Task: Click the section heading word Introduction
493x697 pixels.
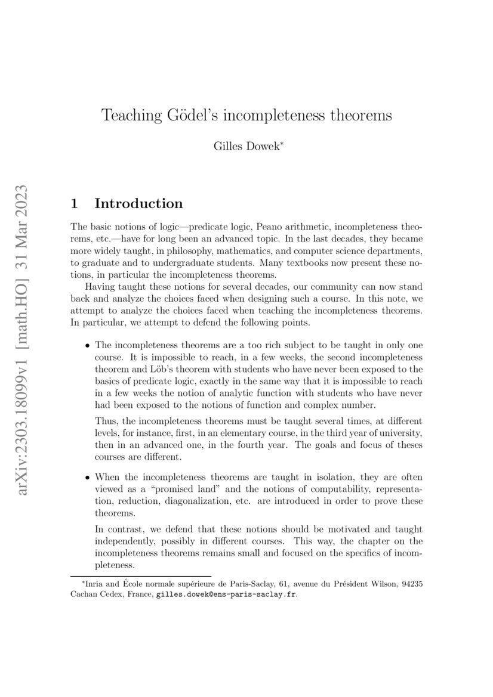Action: pyautogui.click(x=138, y=203)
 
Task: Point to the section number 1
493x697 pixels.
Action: pyautogui.click(x=75, y=203)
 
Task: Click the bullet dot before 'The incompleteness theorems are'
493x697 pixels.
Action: pyautogui.click(x=88, y=346)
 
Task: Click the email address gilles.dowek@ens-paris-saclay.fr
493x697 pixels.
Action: pyautogui.click(x=226, y=594)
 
